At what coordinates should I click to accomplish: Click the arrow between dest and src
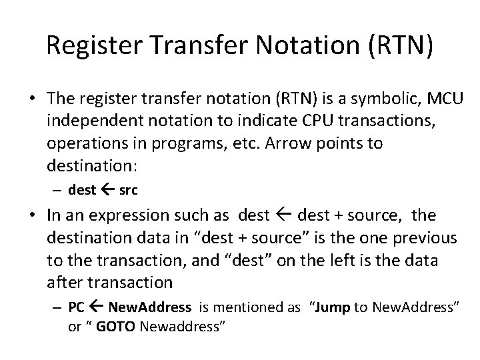click(x=107, y=190)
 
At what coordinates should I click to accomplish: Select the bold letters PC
click(x=77, y=308)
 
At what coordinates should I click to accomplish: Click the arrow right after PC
click(x=97, y=308)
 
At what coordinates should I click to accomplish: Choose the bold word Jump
click(x=333, y=308)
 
